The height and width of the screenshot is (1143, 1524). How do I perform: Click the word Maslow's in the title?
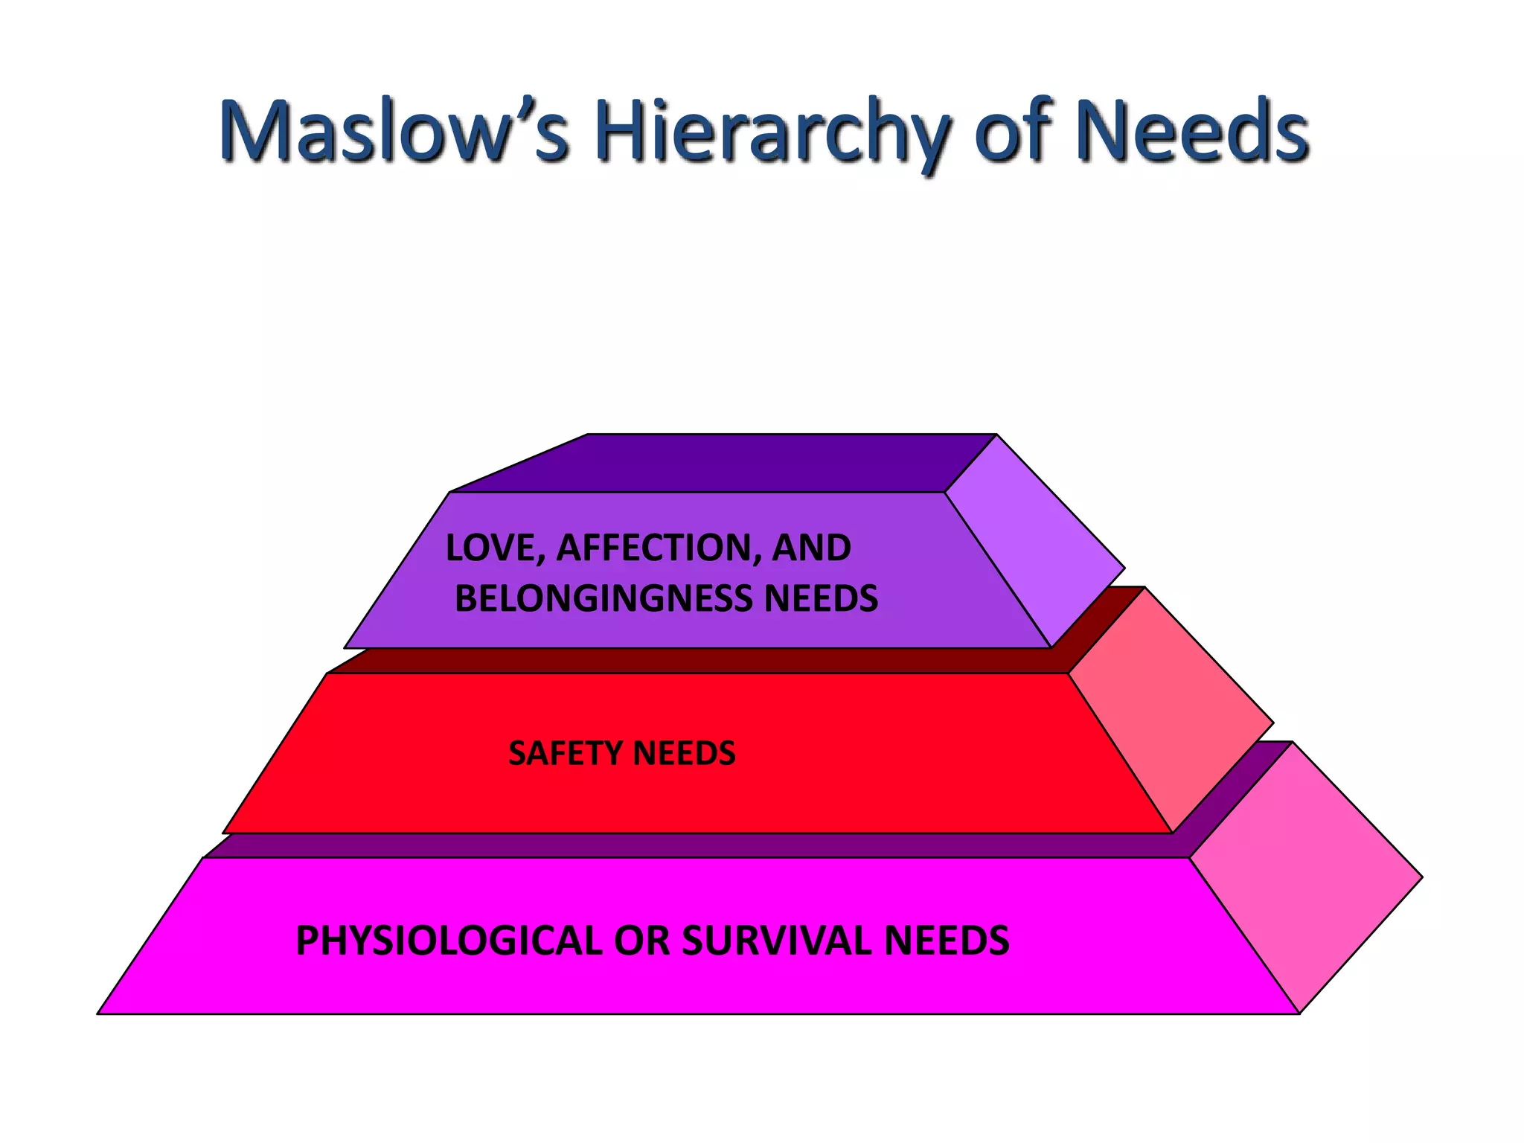(394, 132)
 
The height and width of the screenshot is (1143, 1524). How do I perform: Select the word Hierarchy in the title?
(771, 132)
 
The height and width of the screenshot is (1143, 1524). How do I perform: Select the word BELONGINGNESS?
(603, 599)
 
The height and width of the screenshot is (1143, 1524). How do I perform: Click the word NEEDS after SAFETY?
(685, 753)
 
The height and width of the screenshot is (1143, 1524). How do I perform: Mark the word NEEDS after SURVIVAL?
(947, 941)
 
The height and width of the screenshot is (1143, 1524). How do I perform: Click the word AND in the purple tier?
(811, 548)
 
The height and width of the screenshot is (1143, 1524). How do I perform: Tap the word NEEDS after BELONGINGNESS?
(821, 599)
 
